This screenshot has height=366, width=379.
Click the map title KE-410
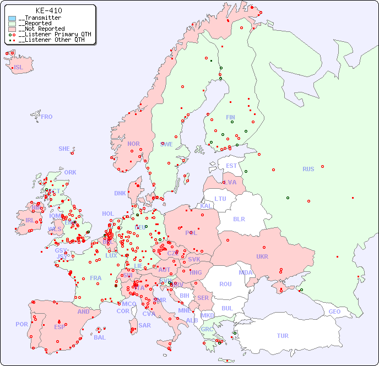[48, 10]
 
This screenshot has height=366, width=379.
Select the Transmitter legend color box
[12, 18]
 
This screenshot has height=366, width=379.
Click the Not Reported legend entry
[41, 29]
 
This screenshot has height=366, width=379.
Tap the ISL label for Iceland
[19, 68]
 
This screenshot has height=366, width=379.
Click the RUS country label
[308, 169]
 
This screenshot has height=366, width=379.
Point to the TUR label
[283, 336]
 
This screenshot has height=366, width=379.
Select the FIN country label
[230, 117]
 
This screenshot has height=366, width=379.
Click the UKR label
[262, 256]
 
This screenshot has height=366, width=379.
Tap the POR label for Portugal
[21, 324]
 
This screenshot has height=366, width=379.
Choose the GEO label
[334, 312]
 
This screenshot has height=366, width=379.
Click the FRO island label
[47, 117]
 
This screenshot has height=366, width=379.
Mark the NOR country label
[133, 144]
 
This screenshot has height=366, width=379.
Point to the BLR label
[239, 218]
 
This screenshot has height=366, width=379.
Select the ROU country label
[225, 284]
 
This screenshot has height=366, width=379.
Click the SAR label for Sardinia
[144, 325]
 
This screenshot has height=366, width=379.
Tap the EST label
[231, 166]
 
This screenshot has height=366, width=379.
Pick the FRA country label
[96, 278]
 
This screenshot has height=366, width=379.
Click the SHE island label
[64, 149]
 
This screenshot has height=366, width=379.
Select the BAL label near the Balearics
[100, 337]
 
